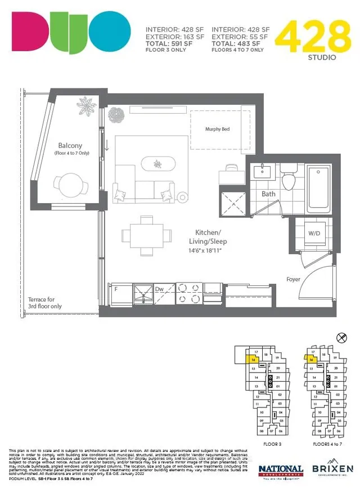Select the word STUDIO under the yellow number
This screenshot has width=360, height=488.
[322, 57]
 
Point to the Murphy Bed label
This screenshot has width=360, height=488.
[217, 129]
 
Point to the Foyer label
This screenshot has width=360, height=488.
[293, 279]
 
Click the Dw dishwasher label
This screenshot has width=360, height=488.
[159, 289]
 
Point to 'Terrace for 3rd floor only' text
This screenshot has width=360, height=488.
[45, 303]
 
